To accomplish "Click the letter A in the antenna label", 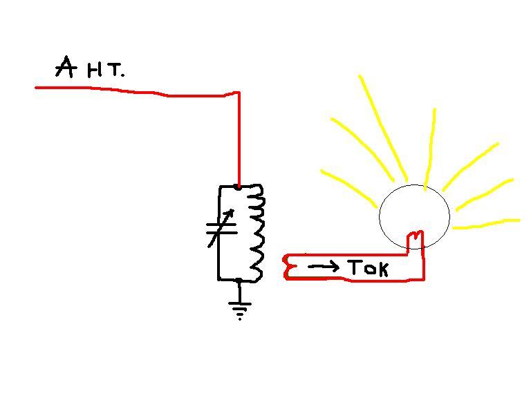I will [66, 68].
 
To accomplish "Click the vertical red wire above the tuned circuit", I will [239, 138].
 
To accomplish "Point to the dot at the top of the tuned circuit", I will [239, 187].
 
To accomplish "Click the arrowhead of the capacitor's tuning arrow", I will [231, 211].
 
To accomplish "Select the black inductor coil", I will [257, 232].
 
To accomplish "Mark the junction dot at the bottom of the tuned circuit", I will [239, 281].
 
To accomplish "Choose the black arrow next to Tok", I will [324, 266].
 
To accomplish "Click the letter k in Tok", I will [382, 268].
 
